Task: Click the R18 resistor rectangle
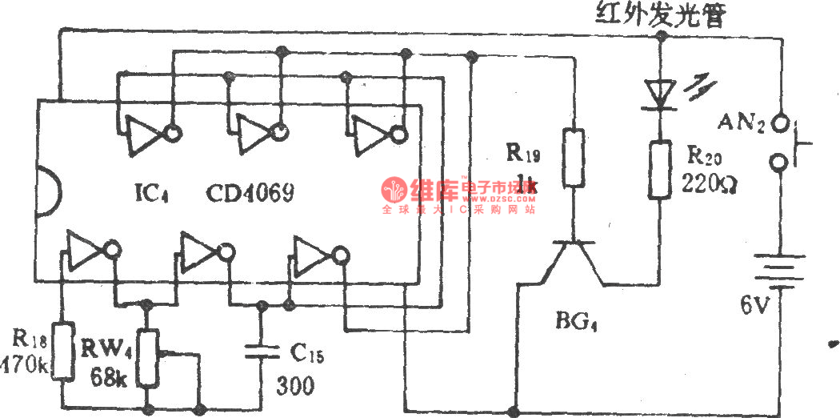pos(62,352)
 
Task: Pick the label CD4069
pos(250,192)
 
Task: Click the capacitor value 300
pos(295,387)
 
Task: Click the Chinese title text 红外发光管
pos(658,15)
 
